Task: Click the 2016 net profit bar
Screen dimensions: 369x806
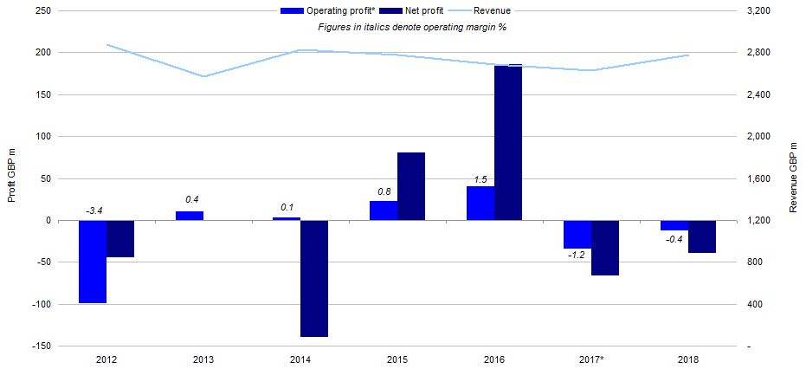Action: [508, 142]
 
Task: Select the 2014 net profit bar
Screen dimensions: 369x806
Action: [314, 278]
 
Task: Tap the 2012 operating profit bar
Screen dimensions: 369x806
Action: [93, 262]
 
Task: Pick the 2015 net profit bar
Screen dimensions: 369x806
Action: [411, 186]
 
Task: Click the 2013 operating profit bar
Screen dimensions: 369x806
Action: [190, 216]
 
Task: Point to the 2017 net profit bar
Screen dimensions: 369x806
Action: [605, 248]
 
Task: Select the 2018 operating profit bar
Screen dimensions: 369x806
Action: [674, 225]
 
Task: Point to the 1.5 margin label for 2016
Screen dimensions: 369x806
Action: [481, 179]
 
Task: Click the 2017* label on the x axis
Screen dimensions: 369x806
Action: [591, 359]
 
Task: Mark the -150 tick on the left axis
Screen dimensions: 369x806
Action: [42, 346]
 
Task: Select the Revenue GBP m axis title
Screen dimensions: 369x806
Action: [793, 178]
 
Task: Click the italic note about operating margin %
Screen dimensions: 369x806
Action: [411, 28]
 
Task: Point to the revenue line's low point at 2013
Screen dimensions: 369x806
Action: [203, 76]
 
